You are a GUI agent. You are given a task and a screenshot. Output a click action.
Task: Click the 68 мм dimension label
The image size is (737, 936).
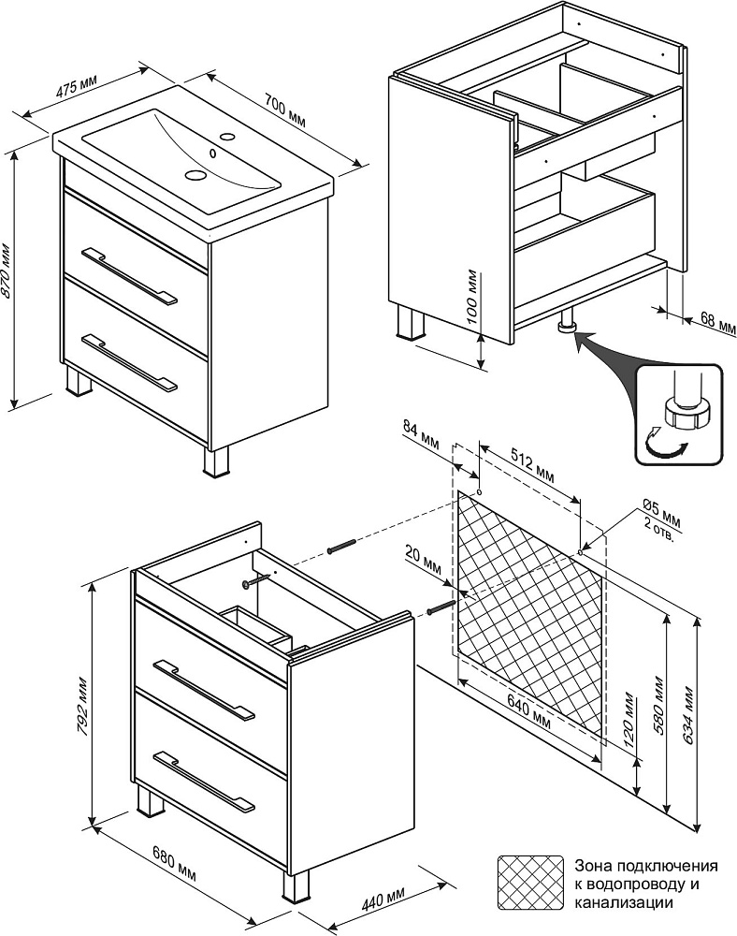tap(718, 325)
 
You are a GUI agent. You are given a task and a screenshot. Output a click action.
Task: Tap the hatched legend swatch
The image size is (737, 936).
tap(530, 881)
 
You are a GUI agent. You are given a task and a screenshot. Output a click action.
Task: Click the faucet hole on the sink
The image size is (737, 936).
tap(226, 136)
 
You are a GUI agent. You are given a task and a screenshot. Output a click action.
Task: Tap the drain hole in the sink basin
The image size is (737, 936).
tap(196, 174)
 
